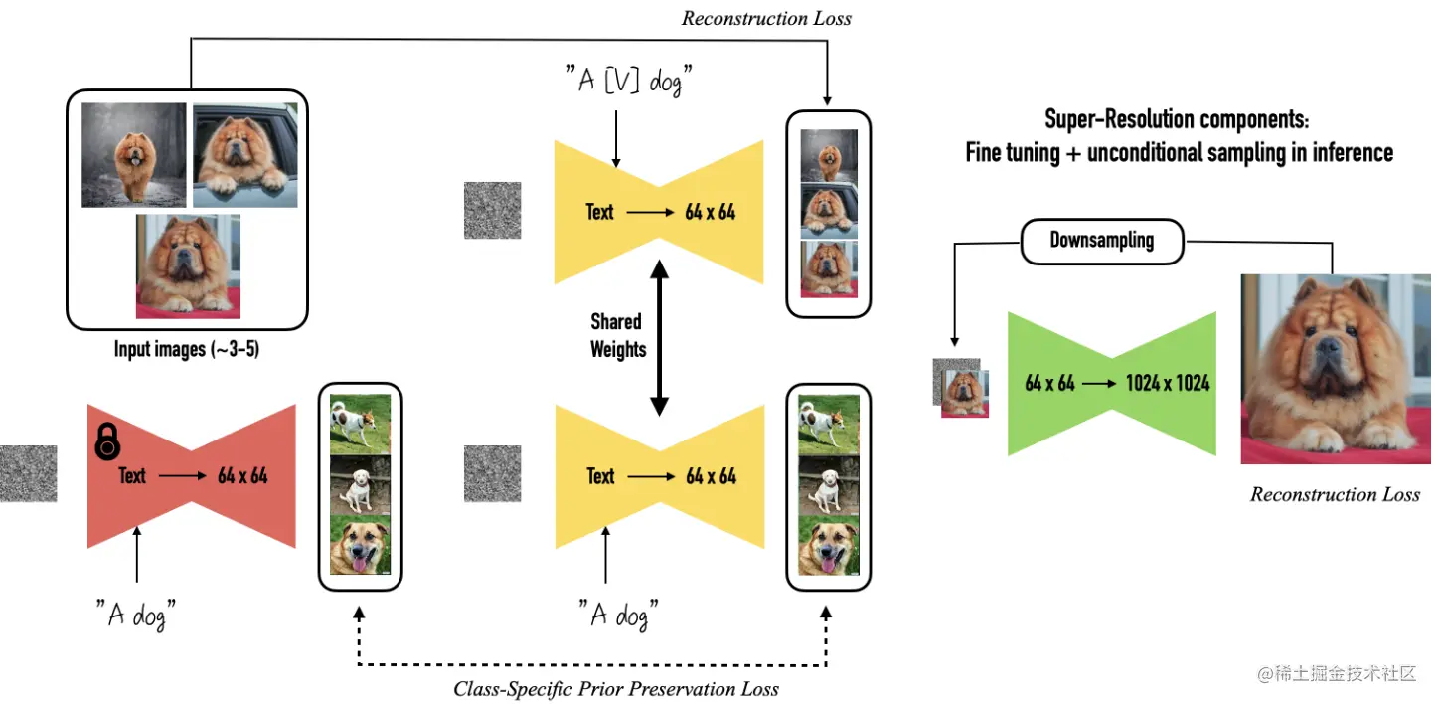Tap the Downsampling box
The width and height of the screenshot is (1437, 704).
pos(1101,241)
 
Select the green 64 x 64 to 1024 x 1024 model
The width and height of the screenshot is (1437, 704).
pos(1112,384)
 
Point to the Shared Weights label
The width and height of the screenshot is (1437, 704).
pos(618,335)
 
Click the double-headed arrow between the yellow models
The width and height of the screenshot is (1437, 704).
pos(660,337)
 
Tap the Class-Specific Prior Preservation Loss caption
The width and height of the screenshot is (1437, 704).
pos(616,689)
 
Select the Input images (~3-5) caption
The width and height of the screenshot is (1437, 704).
pos(187,348)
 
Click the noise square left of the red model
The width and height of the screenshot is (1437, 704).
pos(28,473)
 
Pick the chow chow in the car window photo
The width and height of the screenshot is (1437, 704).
pos(245,155)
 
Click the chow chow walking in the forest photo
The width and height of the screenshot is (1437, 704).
pos(134,155)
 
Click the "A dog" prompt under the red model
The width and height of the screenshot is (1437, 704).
pos(135,615)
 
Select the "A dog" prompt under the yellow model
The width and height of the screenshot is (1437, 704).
pos(618,615)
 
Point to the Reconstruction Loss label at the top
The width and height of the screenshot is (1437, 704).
pos(766,18)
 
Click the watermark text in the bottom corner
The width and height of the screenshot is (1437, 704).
pos(1337,673)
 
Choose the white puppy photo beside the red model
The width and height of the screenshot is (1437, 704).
pos(360,484)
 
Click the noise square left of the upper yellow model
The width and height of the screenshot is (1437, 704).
pos(493,211)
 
